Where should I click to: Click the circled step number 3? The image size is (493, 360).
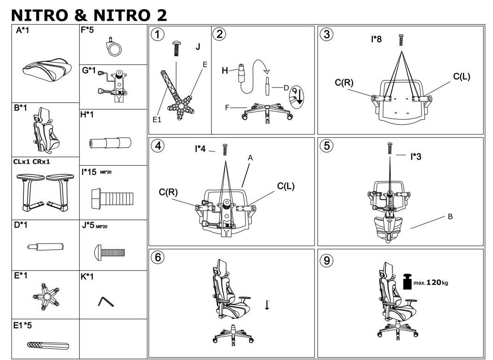point(327,34)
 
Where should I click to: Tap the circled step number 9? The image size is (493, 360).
point(327,260)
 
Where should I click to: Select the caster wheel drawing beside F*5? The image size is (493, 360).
point(113,48)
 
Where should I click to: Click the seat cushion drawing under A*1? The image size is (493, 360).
point(47,70)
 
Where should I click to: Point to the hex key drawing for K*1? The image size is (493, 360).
point(105,301)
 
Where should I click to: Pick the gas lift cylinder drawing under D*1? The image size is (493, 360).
point(45,247)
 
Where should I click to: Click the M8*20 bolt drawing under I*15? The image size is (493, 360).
point(112,199)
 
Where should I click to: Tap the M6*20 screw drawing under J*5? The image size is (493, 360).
point(110,252)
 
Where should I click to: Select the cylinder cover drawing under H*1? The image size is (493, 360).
point(110,143)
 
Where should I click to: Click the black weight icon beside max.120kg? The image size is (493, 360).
point(408,282)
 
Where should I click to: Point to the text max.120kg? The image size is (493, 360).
point(431,282)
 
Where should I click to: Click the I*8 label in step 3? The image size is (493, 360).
point(376,39)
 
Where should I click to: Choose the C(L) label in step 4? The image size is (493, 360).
point(286,186)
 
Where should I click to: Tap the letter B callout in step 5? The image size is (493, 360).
point(450,216)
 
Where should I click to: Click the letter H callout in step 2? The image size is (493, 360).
point(225,71)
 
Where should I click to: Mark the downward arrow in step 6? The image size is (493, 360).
point(267,305)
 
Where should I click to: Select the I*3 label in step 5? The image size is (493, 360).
point(415,156)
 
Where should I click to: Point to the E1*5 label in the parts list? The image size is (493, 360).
point(22,325)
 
